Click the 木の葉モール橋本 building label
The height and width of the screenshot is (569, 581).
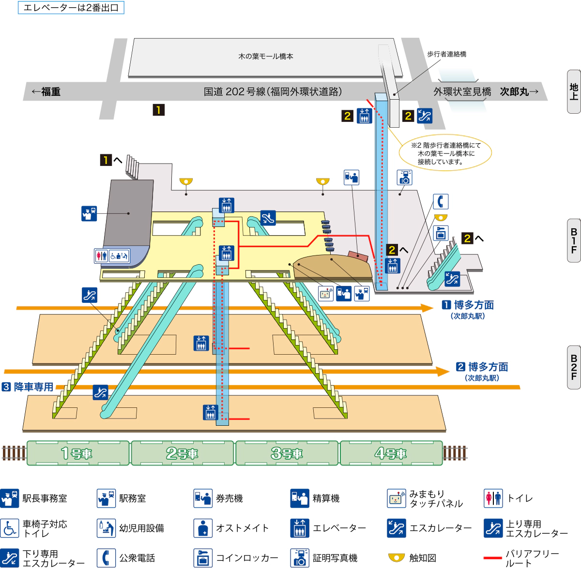pyautogui.click(x=265, y=57)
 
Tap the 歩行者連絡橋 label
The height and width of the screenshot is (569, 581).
pyautogui.click(x=446, y=54)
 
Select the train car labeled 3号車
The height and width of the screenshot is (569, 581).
pyautogui.click(x=287, y=453)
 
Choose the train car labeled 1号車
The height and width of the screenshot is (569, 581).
pyautogui.click(x=77, y=453)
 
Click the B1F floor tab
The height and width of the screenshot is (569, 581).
pyautogui.click(x=574, y=240)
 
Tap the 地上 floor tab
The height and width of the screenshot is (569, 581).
pyautogui.click(x=574, y=91)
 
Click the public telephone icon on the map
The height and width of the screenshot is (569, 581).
pyautogui.click(x=441, y=201)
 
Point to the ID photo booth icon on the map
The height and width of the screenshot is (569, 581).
pyautogui.click(x=405, y=178)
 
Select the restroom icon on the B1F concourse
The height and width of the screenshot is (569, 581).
pyautogui.click(x=101, y=255)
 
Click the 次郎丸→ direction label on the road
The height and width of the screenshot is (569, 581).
pyautogui.click(x=519, y=91)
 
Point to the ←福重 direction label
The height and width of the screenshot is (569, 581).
pyautogui.click(x=46, y=91)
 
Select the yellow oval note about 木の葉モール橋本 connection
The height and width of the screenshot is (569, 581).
pyautogui.click(x=445, y=153)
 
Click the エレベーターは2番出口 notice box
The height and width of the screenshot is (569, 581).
pyautogui.click(x=71, y=8)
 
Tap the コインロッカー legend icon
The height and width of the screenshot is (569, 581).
pyautogui.click(x=203, y=558)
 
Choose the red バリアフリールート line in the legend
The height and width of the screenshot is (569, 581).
pyautogui.click(x=492, y=558)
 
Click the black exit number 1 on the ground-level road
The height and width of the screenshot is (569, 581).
pyautogui.click(x=158, y=110)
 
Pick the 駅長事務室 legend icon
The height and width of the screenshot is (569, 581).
pyautogui.click(x=10, y=498)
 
